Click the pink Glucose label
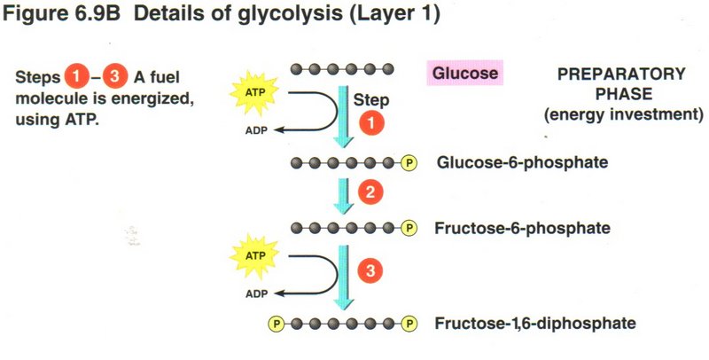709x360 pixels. pos(465,73)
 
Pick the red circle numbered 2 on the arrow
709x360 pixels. pos(370,191)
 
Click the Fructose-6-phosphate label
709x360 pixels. pos(522,229)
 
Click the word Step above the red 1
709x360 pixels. pos(372,100)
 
